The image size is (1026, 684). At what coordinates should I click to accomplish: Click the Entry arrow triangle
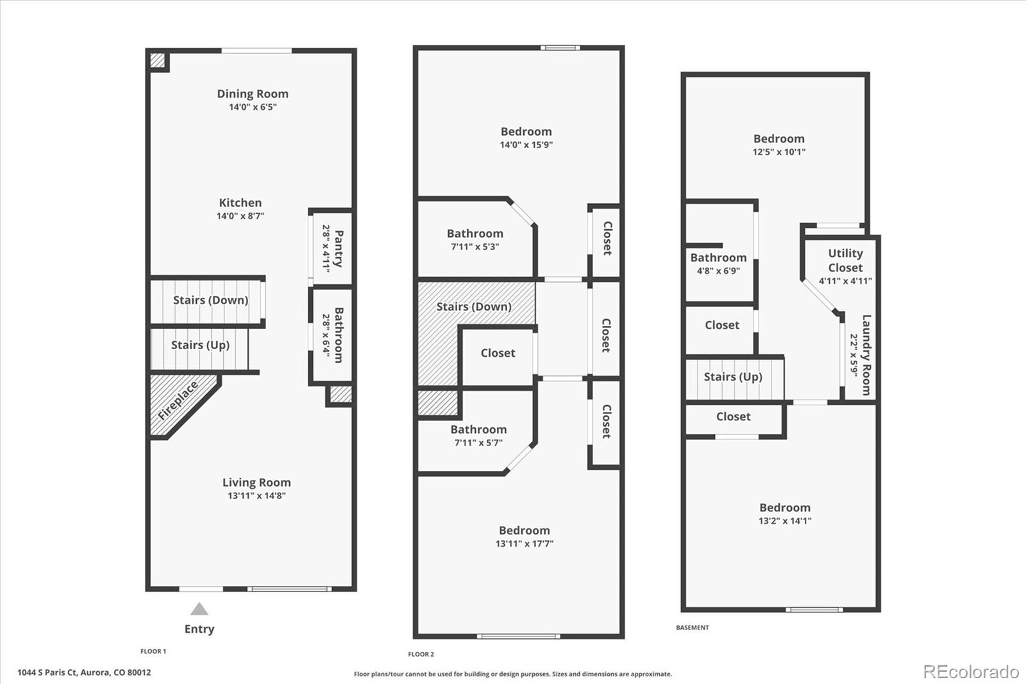coord(199,609)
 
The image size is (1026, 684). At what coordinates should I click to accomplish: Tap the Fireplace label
coord(178,400)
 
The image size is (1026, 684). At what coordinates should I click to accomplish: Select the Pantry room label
coord(339,248)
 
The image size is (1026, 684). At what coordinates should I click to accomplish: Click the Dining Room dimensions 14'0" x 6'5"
coord(253,107)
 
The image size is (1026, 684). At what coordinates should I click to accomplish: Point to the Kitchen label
coord(240,203)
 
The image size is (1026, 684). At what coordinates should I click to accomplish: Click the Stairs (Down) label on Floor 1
coord(210,300)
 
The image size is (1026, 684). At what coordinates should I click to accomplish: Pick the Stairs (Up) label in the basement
coord(733,377)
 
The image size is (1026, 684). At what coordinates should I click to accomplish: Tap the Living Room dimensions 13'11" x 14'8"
coord(256,495)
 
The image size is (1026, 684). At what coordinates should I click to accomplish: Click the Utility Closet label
coord(845,261)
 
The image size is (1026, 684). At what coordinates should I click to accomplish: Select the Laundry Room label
coord(866,355)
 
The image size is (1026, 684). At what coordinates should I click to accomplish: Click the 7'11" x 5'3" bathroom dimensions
coord(475,246)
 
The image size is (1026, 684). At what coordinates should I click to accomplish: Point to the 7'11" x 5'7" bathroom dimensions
coord(478,443)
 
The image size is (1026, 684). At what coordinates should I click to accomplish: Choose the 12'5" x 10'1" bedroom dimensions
coord(778,151)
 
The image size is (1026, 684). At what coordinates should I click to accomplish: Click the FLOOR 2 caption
coord(421,654)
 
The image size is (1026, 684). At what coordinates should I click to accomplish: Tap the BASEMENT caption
coord(692,628)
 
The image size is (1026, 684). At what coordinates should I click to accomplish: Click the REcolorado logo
coord(971,672)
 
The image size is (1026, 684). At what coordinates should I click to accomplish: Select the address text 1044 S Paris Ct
coord(47,672)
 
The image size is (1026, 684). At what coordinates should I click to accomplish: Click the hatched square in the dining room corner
coord(157,60)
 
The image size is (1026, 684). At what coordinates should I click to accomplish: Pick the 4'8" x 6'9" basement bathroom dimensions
coord(718,271)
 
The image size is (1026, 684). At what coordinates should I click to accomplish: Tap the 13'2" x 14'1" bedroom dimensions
coord(785,521)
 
